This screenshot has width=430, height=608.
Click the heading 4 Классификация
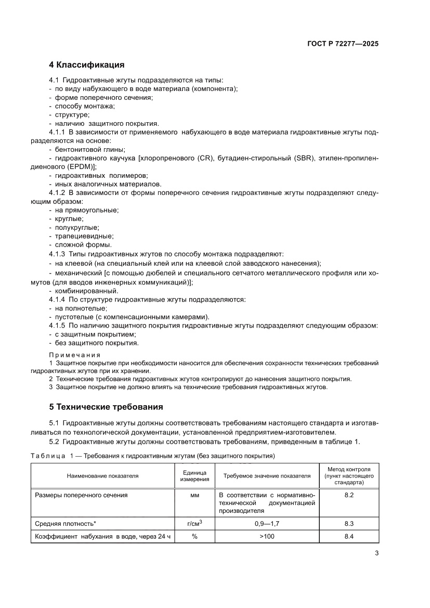coord(86,65)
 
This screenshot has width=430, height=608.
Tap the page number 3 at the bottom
coord(376,553)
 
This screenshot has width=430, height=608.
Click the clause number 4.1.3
coord(56,254)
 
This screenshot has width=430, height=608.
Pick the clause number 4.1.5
coord(56,326)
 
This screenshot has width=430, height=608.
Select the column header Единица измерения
coord(194,475)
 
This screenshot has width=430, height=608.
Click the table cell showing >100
coord(267,536)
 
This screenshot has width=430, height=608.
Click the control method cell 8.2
coord(349,496)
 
